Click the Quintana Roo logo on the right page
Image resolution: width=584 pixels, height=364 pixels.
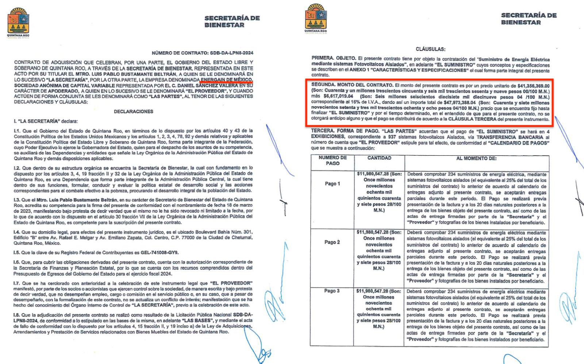315,18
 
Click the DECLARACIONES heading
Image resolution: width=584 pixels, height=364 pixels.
133,111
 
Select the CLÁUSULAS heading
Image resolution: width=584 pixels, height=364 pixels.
430,49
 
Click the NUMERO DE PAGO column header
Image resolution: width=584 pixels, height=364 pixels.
332,161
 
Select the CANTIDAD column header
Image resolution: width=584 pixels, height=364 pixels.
379,158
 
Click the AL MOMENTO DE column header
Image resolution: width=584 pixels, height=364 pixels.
476,159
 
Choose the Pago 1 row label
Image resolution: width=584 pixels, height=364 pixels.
332,184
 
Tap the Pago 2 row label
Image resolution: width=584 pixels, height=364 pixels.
332,242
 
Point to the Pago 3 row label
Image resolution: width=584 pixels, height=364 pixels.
332,291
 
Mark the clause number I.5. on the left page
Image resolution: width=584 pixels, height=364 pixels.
17,253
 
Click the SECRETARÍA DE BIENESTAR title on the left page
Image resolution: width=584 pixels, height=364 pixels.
232,22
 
